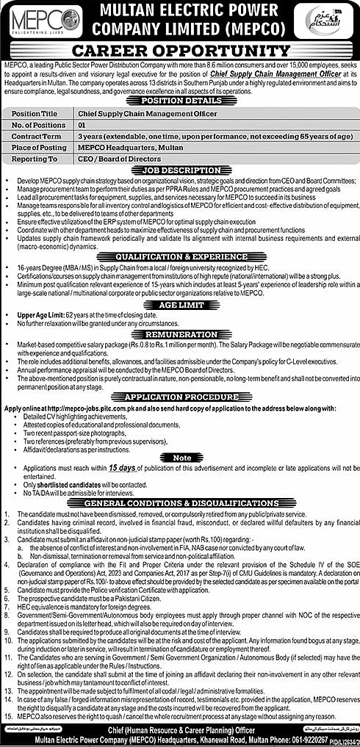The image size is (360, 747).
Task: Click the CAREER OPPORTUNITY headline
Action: (179, 51)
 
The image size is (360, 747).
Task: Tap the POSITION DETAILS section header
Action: (179, 100)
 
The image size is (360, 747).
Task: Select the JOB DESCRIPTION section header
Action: (179, 170)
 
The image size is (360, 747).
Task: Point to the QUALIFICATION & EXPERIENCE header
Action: (179, 256)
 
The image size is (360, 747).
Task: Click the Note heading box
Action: (179, 456)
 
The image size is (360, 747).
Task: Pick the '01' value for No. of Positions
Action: (84, 126)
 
